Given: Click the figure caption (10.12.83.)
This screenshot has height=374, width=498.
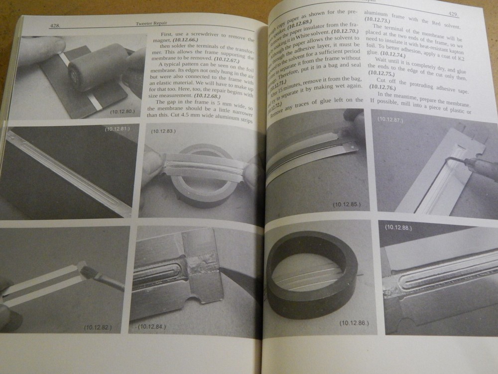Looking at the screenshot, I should [162, 131].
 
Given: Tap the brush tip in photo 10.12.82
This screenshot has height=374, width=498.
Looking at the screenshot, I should [89, 272].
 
